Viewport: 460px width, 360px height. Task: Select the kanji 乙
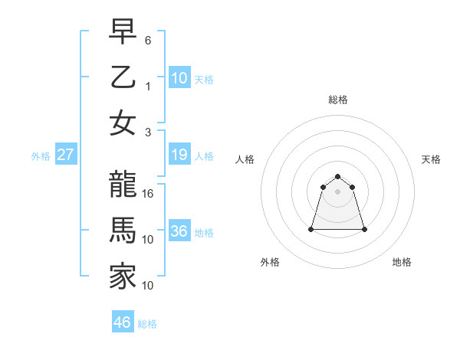(x=123, y=77)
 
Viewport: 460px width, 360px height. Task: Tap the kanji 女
(x=123, y=123)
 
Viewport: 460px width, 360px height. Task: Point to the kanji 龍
(x=123, y=185)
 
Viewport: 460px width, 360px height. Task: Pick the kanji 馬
(x=123, y=231)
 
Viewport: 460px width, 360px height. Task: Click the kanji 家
(x=123, y=277)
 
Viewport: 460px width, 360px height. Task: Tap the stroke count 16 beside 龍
(x=149, y=194)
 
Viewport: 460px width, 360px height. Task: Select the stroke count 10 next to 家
(x=149, y=286)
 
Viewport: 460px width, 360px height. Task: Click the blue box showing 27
(x=65, y=155)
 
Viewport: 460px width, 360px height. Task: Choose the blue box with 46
(x=123, y=322)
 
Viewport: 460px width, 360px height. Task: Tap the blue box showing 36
(x=179, y=231)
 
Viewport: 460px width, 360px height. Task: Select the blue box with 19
(x=179, y=155)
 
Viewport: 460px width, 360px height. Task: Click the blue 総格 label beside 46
(x=147, y=324)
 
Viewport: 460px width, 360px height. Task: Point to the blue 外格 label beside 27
(x=41, y=156)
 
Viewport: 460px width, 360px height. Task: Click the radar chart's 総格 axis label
(x=337, y=100)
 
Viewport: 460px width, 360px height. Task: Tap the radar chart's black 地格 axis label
(x=402, y=262)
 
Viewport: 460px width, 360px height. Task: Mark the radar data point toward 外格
(x=311, y=229)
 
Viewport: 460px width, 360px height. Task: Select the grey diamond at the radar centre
(x=337, y=191)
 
